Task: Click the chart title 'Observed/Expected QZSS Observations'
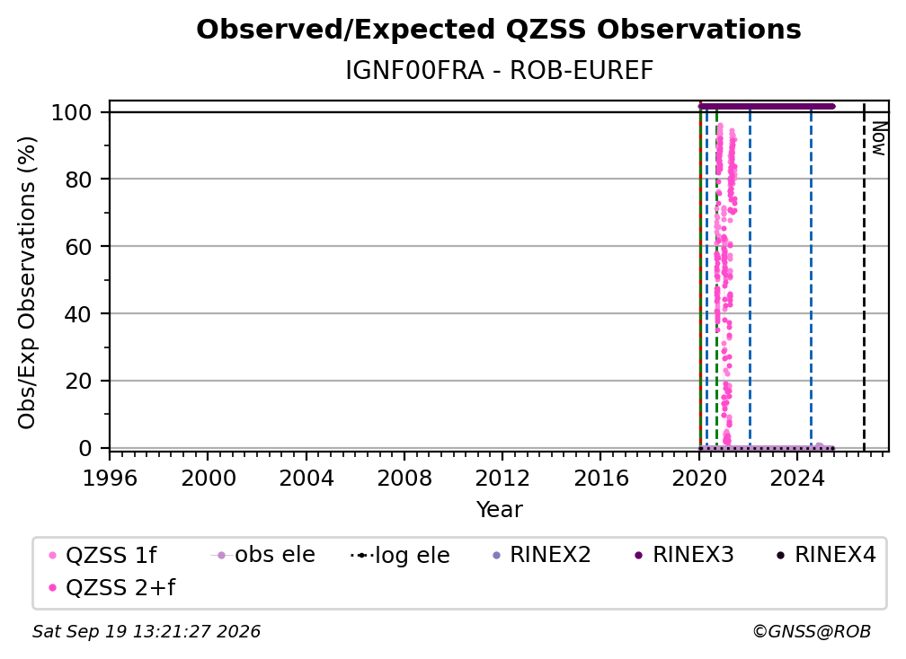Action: coord(499,30)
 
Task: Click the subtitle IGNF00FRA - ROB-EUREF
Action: coord(499,70)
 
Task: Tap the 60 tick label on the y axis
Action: coord(78,246)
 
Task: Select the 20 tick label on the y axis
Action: coord(78,381)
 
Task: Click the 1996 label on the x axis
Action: coord(110,478)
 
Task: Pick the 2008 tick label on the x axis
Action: coord(404,478)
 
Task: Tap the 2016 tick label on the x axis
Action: coord(601,478)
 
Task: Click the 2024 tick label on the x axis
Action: coord(797,478)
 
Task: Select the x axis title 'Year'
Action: coord(499,510)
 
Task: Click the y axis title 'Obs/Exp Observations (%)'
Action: coord(27,283)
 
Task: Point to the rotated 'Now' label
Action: coord(878,138)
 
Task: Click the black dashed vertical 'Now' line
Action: coord(864,277)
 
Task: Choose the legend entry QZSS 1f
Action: coord(102,555)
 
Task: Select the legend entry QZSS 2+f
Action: coord(112,587)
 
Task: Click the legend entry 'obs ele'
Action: coord(263,555)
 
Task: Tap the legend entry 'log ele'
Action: coord(400,555)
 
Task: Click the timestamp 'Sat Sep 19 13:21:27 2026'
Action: coord(147,631)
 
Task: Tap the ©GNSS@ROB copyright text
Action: coord(812,631)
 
